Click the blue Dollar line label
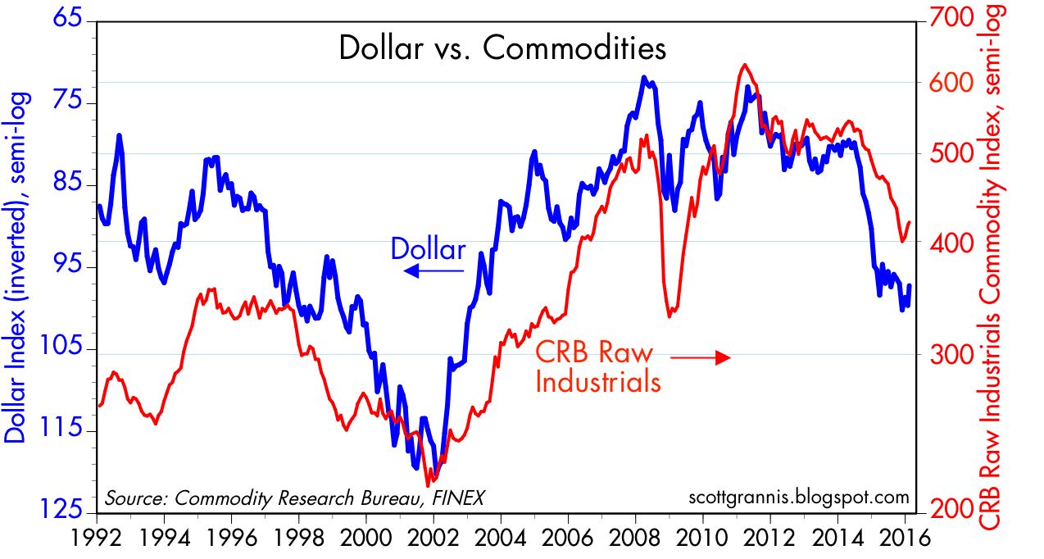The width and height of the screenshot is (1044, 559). tap(428, 248)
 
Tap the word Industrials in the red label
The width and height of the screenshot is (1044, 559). tap(597, 382)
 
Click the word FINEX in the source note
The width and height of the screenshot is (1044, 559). tap(455, 498)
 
